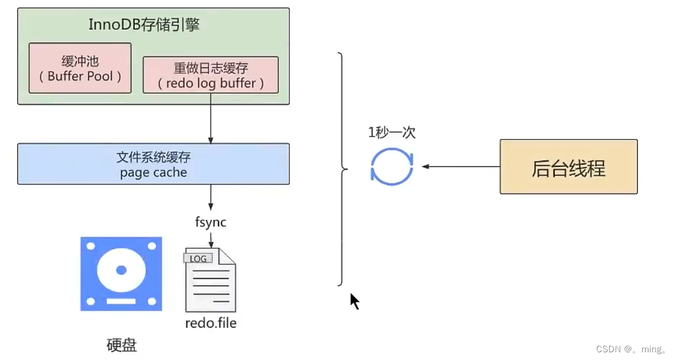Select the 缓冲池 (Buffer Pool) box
click(x=80, y=68)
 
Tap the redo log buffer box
click(x=211, y=75)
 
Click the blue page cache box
click(x=153, y=164)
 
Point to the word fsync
click(x=211, y=223)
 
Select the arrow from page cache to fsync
click(x=211, y=198)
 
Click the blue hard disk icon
click(x=121, y=274)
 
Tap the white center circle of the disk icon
click(x=121, y=270)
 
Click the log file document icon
click(x=211, y=280)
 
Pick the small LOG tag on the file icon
click(x=198, y=258)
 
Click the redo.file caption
click(x=211, y=324)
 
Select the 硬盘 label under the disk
click(x=122, y=345)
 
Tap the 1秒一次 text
click(x=392, y=133)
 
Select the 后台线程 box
click(x=568, y=167)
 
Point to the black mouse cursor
click(x=354, y=301)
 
